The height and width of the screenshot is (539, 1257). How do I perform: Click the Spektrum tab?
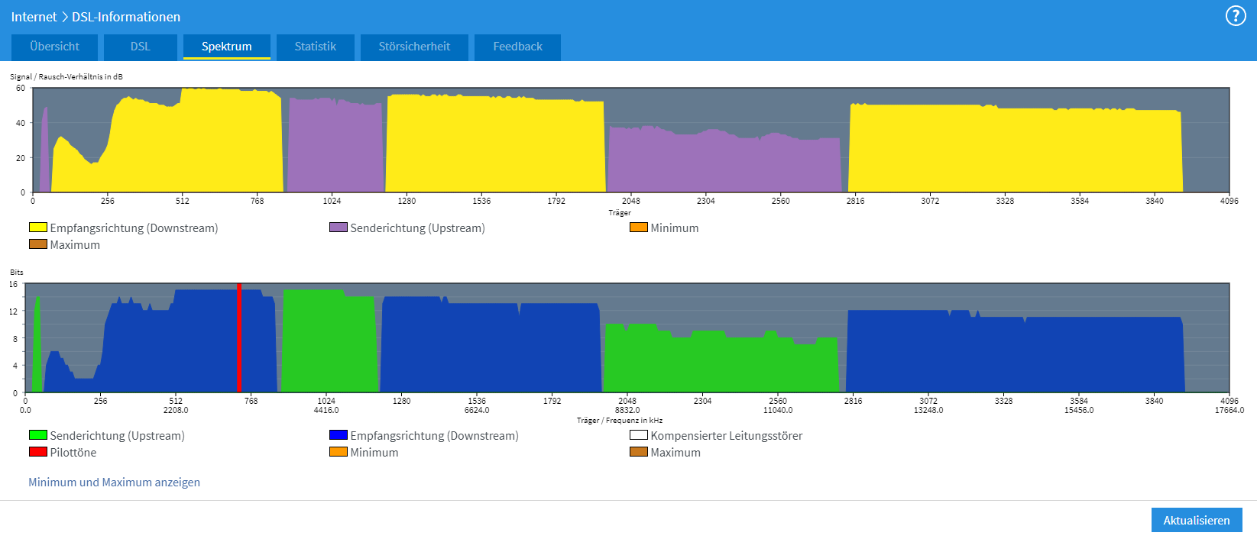[226, 47]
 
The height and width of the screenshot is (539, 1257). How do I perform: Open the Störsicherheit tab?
[414, 47]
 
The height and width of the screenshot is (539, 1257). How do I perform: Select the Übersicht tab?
[54, 47]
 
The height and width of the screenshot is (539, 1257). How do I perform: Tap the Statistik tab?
[315, 47]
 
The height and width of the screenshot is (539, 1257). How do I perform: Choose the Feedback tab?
[517, 47]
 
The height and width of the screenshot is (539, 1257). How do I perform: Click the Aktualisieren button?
[1196, 520]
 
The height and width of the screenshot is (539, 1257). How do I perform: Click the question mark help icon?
[1235, 16]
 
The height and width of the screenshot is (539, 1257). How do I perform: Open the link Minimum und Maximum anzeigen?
[114, 483]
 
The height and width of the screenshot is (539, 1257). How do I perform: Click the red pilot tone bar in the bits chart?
[239, 336]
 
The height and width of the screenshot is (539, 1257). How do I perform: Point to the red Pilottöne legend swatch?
[38, 452]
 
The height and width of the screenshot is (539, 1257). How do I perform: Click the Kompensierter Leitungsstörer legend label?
[726, 436]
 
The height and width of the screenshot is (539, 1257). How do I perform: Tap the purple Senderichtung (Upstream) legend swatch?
[338, 228]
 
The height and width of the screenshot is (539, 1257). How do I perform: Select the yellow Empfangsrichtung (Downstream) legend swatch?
[38, 228]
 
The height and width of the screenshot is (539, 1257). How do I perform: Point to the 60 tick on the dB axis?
[21, 88]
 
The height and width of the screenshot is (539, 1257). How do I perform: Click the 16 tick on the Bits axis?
[13, 284]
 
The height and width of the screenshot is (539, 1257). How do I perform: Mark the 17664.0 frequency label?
[1229, 410]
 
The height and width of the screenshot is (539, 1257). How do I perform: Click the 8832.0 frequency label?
[627, 410]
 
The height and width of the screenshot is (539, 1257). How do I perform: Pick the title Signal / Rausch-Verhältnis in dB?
[66, 76]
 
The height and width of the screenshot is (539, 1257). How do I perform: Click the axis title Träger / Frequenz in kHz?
[619, 421]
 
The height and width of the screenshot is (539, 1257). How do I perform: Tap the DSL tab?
[140, 47]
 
